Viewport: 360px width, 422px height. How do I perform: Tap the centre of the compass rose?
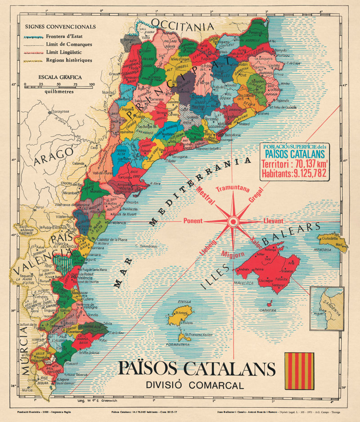tap(233, 221)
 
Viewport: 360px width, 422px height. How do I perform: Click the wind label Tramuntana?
tap(233, 189)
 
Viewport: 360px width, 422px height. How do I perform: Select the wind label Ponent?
tap(193, 221)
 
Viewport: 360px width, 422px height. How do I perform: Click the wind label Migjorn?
tap(233, 254)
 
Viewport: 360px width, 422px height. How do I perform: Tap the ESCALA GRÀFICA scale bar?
tap(58, 84)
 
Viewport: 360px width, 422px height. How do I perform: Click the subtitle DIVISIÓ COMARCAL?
tap(194, 385)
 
